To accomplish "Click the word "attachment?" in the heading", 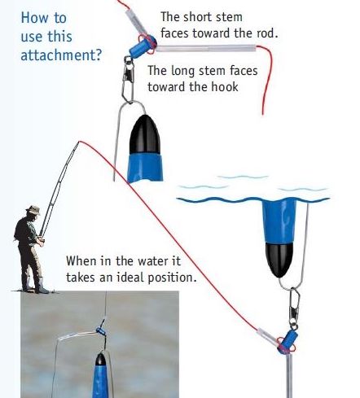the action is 61,55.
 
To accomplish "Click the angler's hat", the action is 33,210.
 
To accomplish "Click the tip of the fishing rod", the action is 79,142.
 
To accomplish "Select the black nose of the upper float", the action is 145,135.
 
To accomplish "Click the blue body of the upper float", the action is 146,168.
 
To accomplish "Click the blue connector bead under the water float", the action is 288,341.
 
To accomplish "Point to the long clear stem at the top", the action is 205,49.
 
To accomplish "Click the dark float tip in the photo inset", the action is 100,359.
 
